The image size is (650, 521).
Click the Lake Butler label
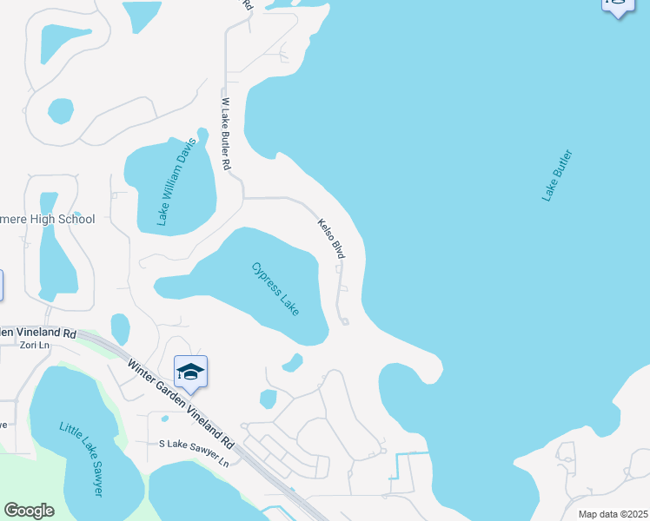558,175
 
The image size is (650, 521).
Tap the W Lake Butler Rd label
226,133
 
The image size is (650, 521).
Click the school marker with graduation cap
190,373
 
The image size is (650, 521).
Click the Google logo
29,510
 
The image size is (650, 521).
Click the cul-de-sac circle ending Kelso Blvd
345,322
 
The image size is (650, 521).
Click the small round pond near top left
61,110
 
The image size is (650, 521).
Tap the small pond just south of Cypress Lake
293,361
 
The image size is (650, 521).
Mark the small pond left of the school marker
120,328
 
